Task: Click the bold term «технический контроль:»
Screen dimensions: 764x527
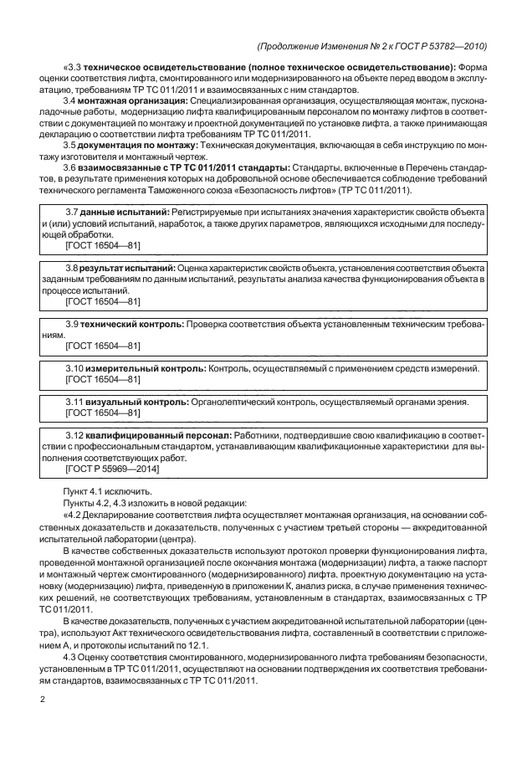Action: [x=133, y=323]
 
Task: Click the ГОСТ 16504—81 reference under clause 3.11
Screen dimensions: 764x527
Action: [x=102, y=413]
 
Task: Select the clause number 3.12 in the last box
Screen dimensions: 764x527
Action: [x=74, y=435]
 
